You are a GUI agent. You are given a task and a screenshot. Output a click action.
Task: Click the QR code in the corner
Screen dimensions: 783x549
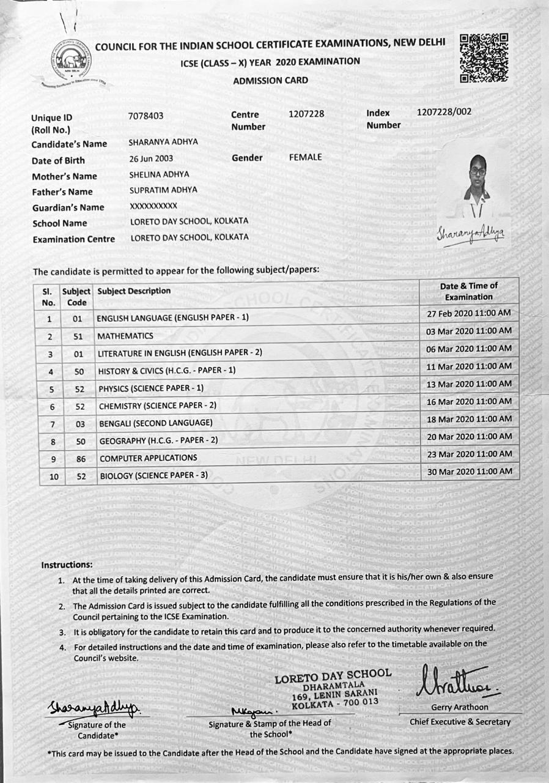click(484, 58)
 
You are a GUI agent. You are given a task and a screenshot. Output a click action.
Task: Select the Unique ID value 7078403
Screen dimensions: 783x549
click(146, 115)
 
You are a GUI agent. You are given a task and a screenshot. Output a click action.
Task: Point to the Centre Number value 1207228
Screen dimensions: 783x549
click(306, 114)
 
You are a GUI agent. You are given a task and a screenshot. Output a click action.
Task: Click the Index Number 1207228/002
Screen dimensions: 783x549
click(444, 112)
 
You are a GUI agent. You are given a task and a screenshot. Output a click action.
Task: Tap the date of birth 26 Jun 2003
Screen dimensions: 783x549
click(151, 158)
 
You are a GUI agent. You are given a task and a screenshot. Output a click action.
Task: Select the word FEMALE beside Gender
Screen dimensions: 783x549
click(305, 157)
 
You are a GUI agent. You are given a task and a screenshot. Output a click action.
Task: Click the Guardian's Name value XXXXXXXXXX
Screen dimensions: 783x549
click(153, 206)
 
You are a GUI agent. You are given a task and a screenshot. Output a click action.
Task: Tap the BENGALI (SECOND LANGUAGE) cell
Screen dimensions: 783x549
click(155, 423)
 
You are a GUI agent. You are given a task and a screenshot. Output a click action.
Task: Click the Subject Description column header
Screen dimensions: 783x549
click(134, 291)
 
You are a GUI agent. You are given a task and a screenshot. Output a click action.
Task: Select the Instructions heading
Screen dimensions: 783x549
click(67, 565)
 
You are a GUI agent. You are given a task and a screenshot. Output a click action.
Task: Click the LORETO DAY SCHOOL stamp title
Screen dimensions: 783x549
click(333, 676)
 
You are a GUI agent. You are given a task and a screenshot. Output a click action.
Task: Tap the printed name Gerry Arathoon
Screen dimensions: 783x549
click(459, 707)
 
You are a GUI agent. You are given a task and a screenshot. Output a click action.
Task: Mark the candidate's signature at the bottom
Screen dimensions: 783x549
click(94, 708)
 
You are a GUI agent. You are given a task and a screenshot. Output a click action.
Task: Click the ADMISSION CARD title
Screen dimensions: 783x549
click(270, 80)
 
